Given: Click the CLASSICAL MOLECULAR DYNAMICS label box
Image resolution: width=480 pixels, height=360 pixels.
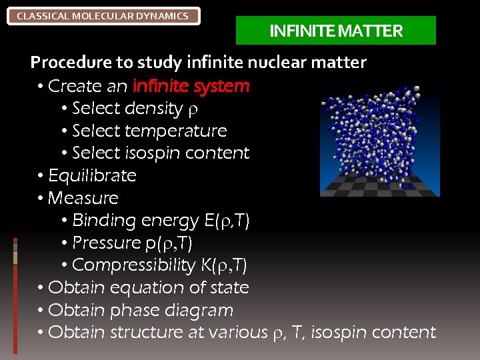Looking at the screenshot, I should point(103,16).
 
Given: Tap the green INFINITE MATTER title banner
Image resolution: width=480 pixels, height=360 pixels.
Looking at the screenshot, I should point(336,31).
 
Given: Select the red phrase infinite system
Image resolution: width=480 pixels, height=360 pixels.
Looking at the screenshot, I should point(191,86).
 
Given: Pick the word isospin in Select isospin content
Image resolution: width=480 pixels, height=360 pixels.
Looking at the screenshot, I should point(153,153).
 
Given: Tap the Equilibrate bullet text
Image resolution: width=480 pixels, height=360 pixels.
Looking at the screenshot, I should point(92,175).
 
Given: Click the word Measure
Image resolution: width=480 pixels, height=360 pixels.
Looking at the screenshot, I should point(83,198).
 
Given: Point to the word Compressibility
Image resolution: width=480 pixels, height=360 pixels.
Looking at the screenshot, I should point(133,265).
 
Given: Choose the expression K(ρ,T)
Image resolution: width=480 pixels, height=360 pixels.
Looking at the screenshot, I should point(223,265).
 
